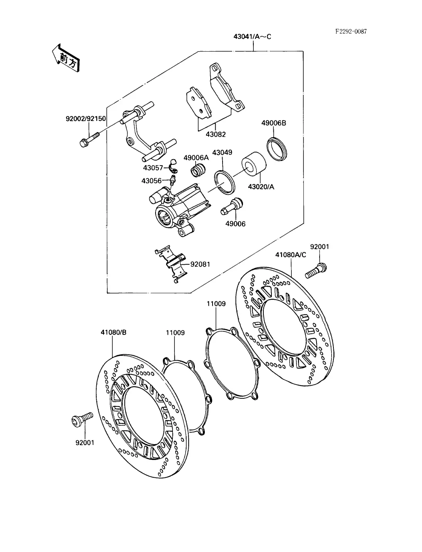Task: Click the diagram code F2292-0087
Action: coord(351,32)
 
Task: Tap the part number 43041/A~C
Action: coord(252,37)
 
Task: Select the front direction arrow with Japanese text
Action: coord(66,58)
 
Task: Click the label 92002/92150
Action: coord(86,119)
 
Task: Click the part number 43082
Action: coord(216,134)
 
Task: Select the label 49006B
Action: coord(274,123)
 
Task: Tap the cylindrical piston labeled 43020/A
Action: coord(254,164)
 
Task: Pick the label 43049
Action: coord(222,152)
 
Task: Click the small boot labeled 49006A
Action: coord(198,170)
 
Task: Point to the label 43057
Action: coord(153,168)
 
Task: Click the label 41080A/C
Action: coord(291,255)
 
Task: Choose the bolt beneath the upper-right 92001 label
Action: coord(316,271)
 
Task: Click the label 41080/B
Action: coord(114,332)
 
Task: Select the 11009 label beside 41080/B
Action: coord(175,333)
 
